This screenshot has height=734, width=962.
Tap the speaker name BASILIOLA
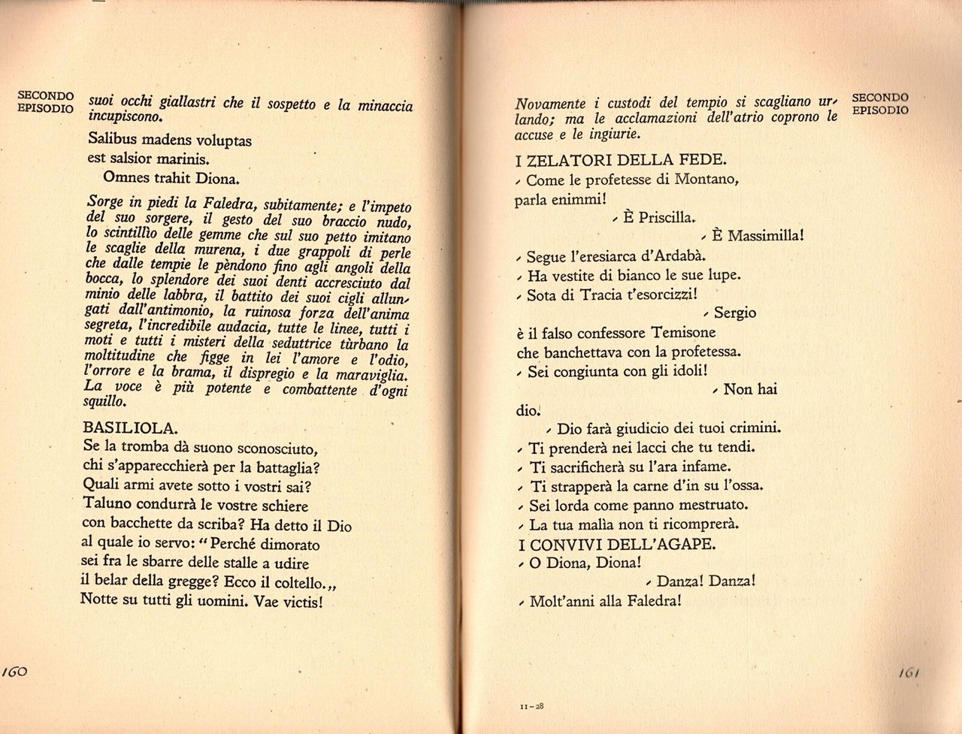[129, 427]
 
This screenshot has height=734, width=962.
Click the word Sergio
[734, 313]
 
